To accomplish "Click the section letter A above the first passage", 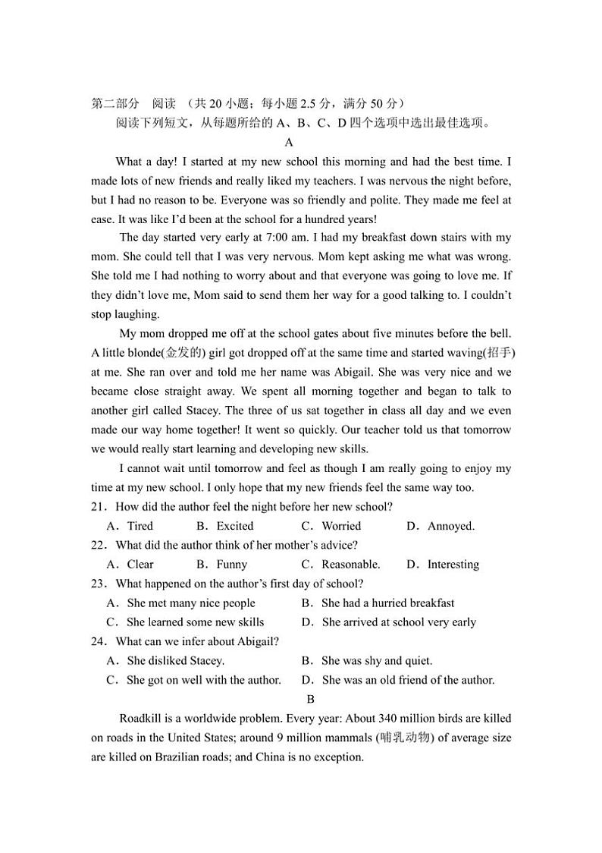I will click(289, 142).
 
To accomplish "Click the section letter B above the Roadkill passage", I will click(309, 699).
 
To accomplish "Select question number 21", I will click(98, 506).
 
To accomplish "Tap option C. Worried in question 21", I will click(331, 526).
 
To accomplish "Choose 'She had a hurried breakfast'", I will click(387, 603).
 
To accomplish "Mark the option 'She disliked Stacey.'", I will click(175, 661).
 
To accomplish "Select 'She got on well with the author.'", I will click(204, 680).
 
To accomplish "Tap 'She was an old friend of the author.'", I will click(408, 680).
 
